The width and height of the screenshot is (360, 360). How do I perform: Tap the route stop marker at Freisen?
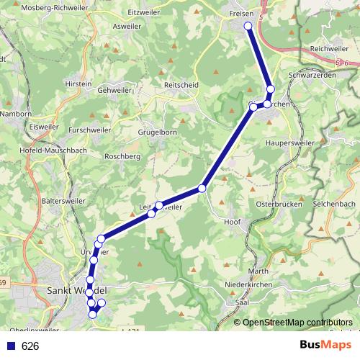[248, 26]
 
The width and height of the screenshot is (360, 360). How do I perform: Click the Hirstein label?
[78, 84]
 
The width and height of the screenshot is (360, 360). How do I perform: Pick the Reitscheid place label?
[181, 84]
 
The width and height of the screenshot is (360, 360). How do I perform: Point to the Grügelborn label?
[157, 133]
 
